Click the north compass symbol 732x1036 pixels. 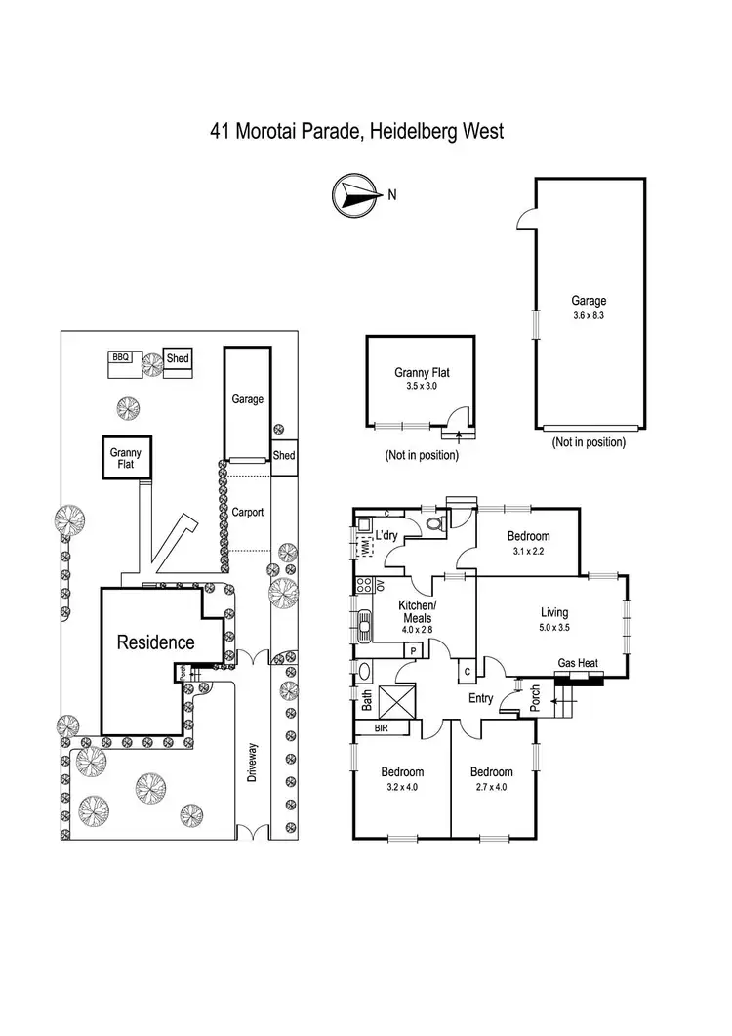(x=356, y=195)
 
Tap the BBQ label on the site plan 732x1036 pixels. (x=120, y=357)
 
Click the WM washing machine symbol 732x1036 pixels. (x=364, y=547)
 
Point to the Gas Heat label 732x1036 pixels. (x=578, y=663)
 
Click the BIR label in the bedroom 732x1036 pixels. (x=382, y=728)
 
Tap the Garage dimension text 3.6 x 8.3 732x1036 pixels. (x=589, y=315)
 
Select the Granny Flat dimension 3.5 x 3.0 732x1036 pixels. (x=422, y=386)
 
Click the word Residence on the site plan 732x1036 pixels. (x=156, y=642)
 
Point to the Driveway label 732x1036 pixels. (x=252, y=763)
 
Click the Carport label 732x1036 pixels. (x=248, y=512)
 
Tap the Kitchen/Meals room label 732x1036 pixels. (x=417, y=612)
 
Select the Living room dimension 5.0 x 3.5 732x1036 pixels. (x=554, y=628)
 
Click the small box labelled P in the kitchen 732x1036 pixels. (x=413, y=651)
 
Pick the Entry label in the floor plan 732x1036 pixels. (x=480, y=698)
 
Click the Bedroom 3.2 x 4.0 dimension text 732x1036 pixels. (x=402, y=787)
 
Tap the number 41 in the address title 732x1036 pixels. (x=220, y=131)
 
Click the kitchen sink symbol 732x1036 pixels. (x=364, y=625)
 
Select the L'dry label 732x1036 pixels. (x=386, y=535)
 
